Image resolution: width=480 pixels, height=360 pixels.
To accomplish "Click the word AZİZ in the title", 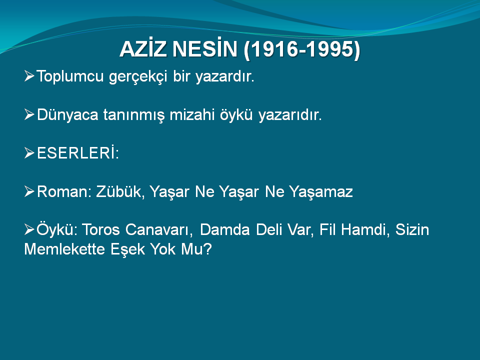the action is coord(143,49).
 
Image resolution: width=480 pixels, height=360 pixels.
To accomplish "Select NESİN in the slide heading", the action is coord(205,49).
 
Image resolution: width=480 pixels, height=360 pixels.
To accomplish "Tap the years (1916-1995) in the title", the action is coord(302,49).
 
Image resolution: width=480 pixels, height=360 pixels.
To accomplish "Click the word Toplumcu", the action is coord(70,76).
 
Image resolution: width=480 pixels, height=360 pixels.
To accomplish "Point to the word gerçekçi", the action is coord(138,76).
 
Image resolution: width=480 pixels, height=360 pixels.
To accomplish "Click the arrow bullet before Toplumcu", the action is coord(29,75).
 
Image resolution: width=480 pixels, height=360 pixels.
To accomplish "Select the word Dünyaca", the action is coord(67,115).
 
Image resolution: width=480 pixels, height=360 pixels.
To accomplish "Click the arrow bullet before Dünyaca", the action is coord(29,114).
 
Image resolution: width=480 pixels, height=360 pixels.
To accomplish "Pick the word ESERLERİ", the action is coord(76,153).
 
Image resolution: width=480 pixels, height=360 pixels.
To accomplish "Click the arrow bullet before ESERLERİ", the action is coord(29,153).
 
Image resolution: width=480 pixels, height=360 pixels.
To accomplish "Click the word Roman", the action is coord(62,191).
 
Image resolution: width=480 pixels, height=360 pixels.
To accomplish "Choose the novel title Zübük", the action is coord(119,191).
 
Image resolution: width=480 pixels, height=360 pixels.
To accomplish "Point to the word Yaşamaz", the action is coord(321,192).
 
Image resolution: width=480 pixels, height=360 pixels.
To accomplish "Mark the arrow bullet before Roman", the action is coord(29,191).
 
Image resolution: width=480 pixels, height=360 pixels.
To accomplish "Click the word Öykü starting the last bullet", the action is coord(55,229).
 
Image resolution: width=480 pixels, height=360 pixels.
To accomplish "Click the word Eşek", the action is coord(128,249).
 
